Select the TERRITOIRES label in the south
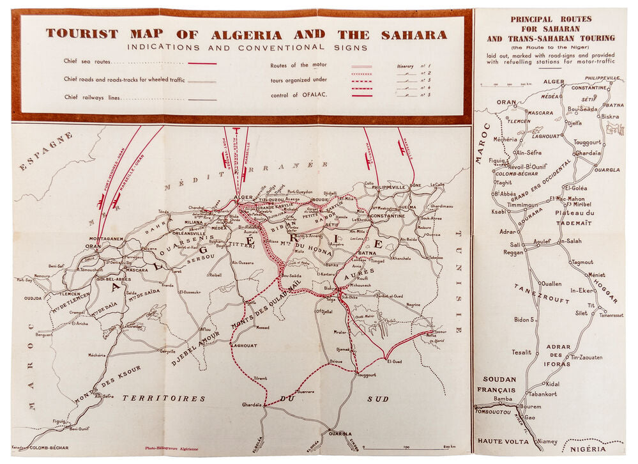coord(163,398)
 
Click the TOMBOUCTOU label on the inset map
coord(494,412)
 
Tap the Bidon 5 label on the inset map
coord(523,319)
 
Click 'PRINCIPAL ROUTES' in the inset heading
coord(550,19)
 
